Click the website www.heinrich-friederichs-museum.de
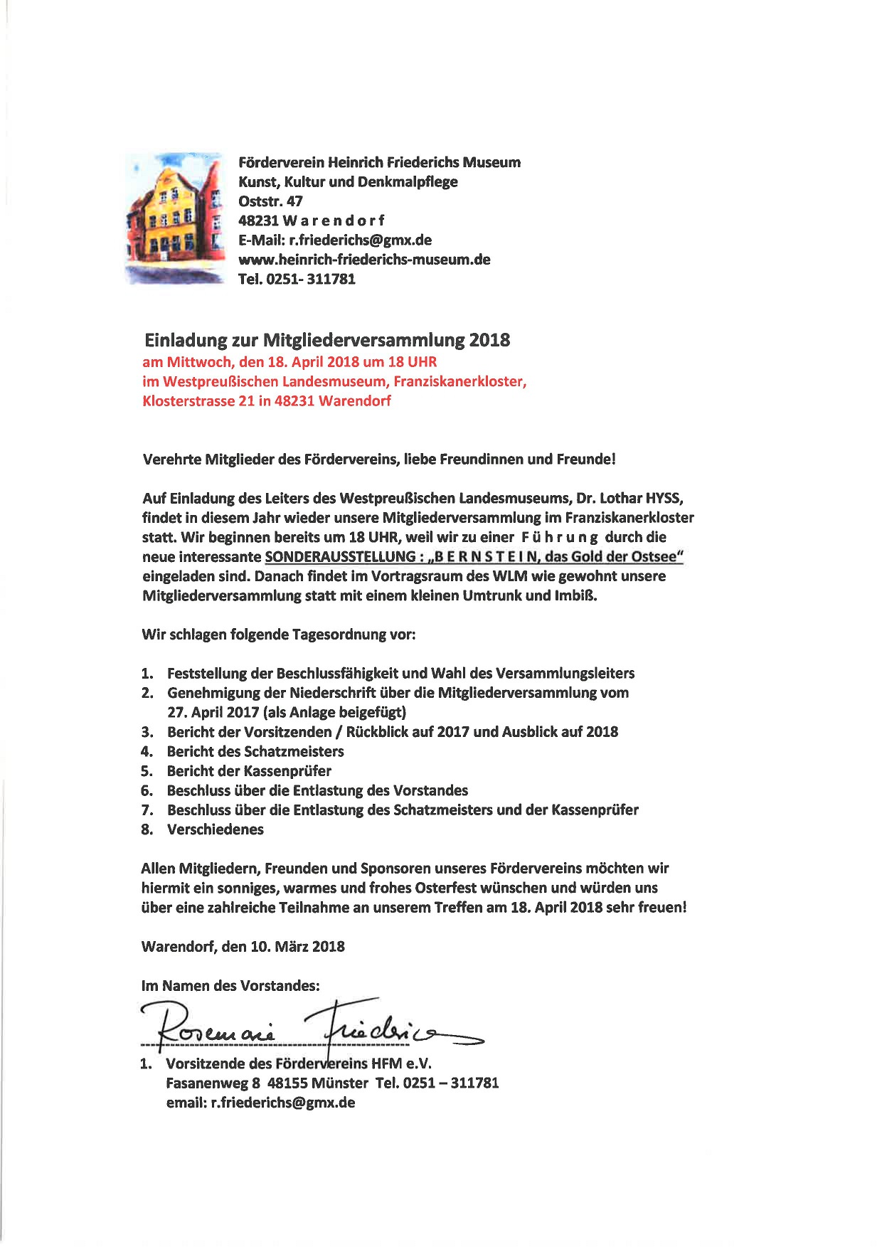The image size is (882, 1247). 364,260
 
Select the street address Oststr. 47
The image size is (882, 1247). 270,201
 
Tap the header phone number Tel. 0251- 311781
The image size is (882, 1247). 297,279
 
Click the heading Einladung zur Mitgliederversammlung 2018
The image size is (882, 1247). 327,340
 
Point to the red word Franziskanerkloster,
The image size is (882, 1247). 460,381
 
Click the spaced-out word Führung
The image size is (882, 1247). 559,537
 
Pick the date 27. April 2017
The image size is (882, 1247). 212,712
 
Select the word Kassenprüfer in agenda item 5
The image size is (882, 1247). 287,771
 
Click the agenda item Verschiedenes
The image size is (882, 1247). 215,829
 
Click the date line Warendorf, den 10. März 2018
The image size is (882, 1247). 243,947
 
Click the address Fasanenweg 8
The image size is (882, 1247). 213,1083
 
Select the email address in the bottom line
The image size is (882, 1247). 283,1103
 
